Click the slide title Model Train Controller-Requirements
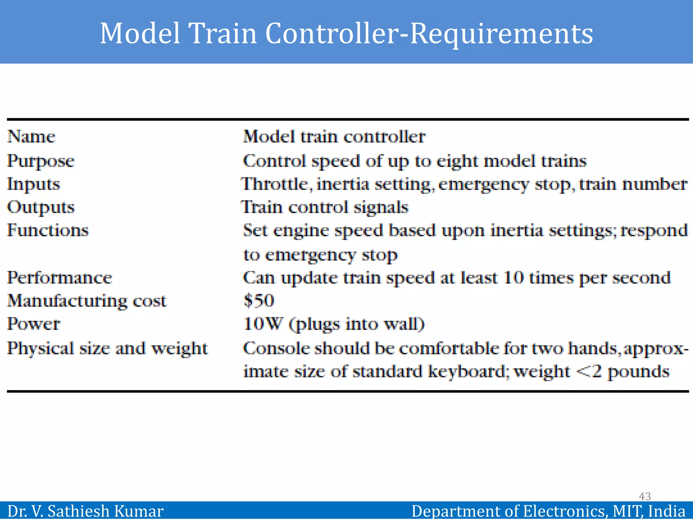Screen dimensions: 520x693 point(346,33)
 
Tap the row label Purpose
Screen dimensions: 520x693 point(41,161)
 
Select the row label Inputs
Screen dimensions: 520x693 point(33,185)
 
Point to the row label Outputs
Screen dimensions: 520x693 point(41,207)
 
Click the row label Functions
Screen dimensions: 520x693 point(48,230)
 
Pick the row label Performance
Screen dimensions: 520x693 point(60,278)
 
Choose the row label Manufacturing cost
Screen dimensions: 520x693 point(87,301)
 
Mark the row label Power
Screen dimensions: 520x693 point(33,324)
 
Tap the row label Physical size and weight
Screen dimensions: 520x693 point(107,348)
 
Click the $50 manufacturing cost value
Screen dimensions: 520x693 point(259,301)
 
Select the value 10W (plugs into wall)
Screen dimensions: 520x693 point(334,324)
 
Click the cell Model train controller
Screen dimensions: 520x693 point(334,137)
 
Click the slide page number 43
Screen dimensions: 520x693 point(645,496)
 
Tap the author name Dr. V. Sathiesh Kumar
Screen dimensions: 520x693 point(85,511)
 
